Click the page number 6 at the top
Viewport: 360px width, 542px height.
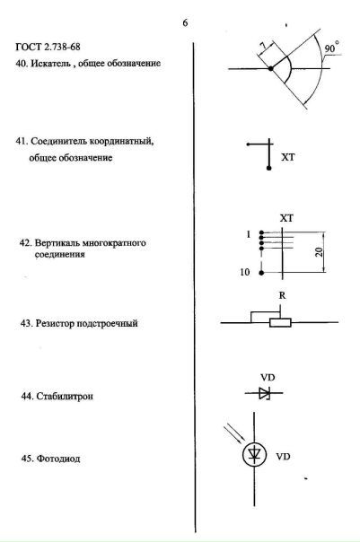pos(185,22)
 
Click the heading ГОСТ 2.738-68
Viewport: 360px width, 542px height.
pos(48,47)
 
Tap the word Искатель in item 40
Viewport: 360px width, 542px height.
pos(51,64)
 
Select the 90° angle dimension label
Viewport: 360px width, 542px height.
pos(331,48)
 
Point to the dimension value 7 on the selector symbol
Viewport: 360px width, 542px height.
pos(264,46)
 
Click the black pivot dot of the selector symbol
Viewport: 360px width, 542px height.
pos(271,69)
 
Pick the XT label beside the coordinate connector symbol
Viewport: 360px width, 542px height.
pos(287,157)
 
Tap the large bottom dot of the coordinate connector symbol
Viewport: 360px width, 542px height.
pos(269,168)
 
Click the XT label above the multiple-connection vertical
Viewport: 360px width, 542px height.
pos(286,218)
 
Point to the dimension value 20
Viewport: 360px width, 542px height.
pos(320,251)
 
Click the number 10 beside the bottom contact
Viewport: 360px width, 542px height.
pos(244,273)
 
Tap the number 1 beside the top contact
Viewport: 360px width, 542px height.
pos(249,234)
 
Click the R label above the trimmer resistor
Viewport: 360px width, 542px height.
pos(283,295)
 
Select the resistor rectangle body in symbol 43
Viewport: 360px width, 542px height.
pos(280,323)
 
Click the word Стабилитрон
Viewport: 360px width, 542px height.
pos(65,396)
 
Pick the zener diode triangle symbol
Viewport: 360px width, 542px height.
pos(265,393)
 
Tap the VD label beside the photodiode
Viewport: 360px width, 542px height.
pos(283,457)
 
